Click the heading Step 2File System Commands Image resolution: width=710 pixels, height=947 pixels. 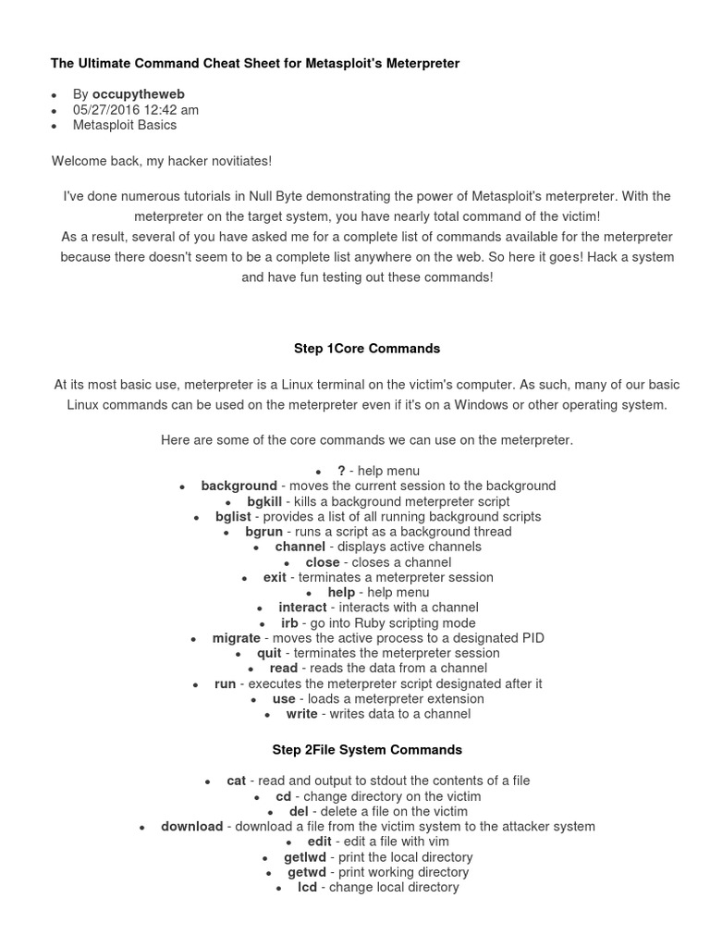click(x=367, y=750)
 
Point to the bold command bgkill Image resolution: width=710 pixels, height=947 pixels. click(x=264, y=501)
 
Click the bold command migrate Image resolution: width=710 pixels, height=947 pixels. click(x=237, y=638)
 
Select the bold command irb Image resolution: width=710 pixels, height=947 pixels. click(x=289, y=623)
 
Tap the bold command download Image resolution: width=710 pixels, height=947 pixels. click(x=191, y=827)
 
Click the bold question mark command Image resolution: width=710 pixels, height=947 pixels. click(x=342, y=471)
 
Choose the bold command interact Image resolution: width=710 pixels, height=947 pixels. click(x=302, y=608)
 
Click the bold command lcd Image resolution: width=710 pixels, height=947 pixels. click(x=307, y=888)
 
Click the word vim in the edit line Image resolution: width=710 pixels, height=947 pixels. click(x=437, y=842)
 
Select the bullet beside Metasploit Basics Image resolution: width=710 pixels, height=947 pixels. click(x=55, y=126)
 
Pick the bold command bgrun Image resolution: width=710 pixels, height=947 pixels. click(x=263, y=532)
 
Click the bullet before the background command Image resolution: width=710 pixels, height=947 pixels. click(x=182, y=486)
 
